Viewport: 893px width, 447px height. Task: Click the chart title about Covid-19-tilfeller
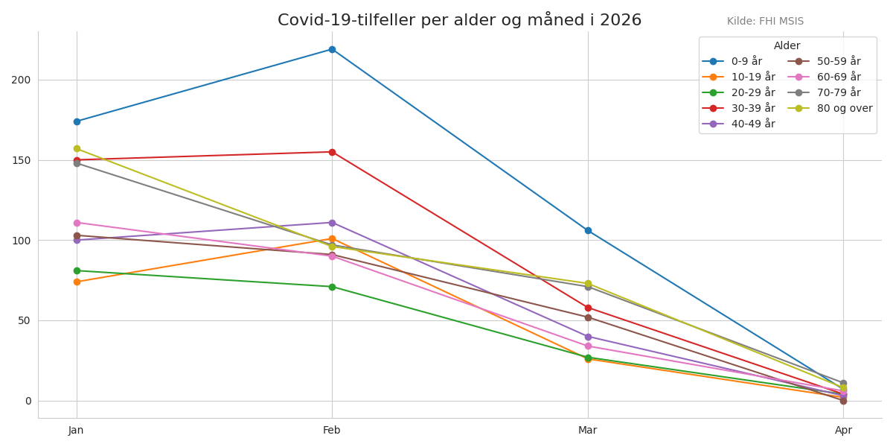[459, 20]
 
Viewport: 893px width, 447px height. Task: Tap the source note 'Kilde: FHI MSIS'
[765, 22]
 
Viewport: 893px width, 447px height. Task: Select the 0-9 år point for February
[332, 50]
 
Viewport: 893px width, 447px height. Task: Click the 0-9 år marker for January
[77, 121]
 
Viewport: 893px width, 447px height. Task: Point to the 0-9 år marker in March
[588, 231]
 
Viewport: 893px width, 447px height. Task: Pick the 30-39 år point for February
[332, 152]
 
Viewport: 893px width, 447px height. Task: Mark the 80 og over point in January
[77, 149]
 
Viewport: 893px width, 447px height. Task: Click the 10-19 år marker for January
[77, 282]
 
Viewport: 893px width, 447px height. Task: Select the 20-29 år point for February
[332, 287]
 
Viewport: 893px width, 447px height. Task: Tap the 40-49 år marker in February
[332, 223]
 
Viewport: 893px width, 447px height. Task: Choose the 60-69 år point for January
[77, 223]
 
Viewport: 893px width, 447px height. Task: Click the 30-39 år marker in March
[588, 308]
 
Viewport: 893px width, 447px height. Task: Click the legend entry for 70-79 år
[829, 92]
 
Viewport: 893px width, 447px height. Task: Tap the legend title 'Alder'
[787, 46]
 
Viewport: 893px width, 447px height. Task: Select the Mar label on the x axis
[588, 430]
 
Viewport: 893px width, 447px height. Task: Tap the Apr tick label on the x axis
[843, 430]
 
